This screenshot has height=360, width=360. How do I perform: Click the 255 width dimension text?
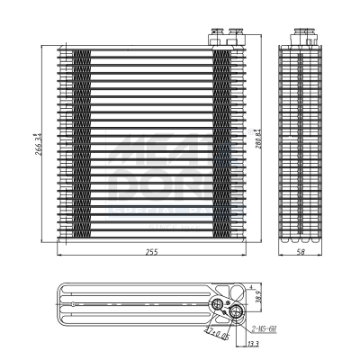point(151,252)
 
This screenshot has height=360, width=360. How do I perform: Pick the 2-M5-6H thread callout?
point(264,328)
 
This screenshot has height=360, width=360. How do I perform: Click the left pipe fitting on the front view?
point(216,37)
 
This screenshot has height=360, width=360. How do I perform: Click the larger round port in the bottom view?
point(236,312)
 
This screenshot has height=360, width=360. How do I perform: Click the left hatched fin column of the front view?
point(82,144)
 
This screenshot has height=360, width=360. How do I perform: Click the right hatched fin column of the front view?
point(221,144)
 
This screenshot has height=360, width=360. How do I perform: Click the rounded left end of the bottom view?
point(58,304)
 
